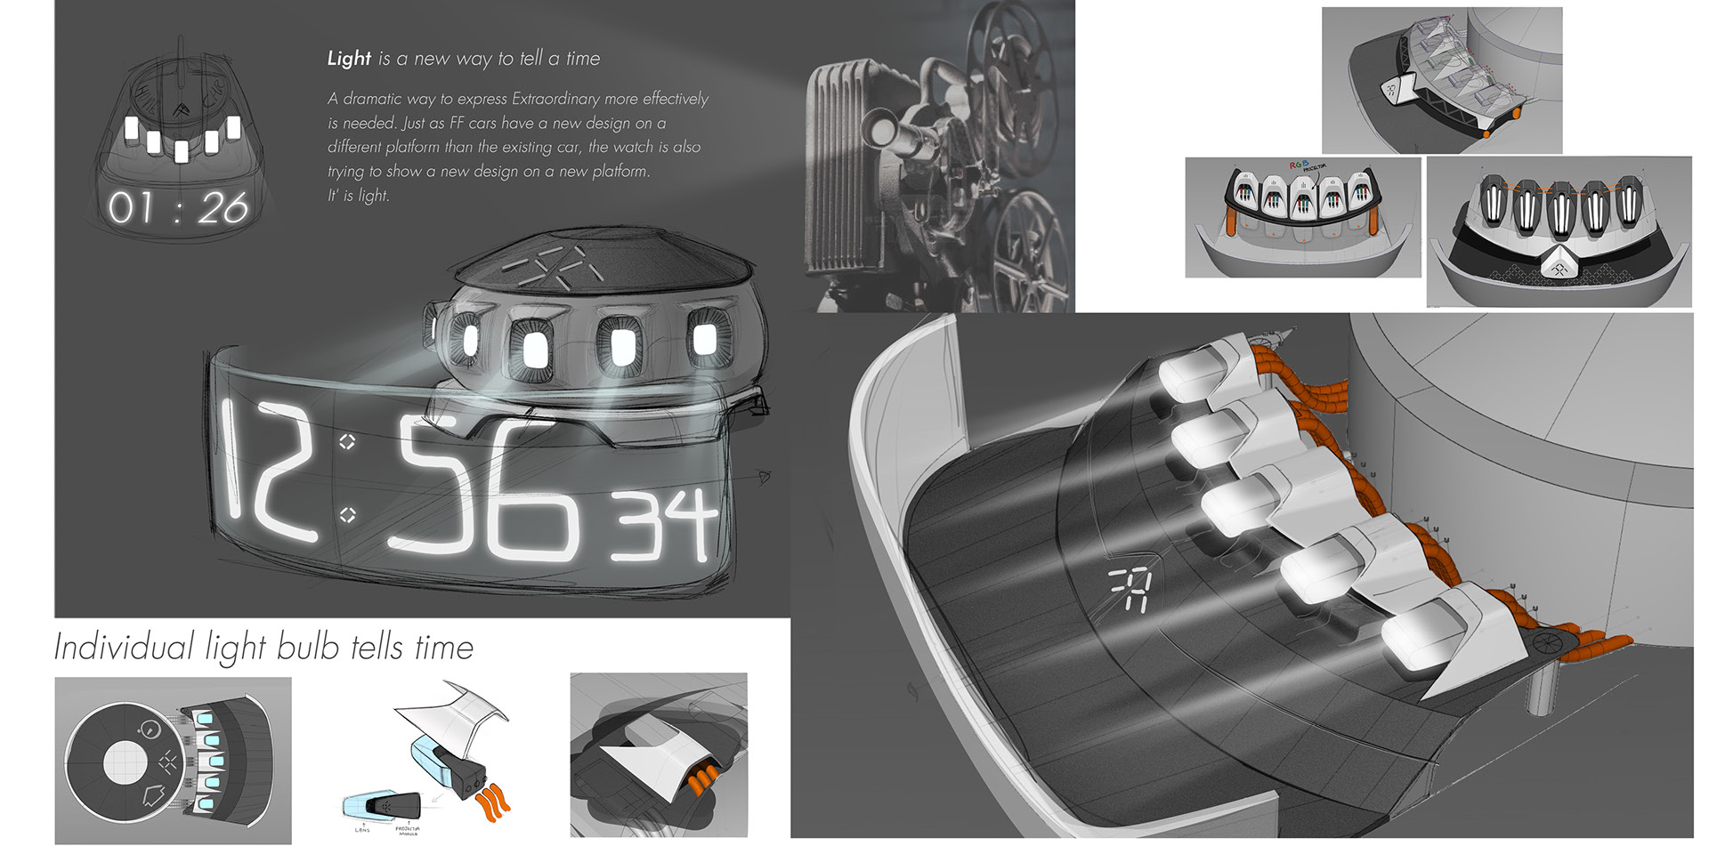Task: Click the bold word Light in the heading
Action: tap(348, 59)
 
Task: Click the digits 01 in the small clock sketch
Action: tap(130, 208)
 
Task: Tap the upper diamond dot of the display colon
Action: tap(347, 441)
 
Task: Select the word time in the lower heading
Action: tap(443, 648)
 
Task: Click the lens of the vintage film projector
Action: tap(885, 131)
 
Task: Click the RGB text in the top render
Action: tap(1300, 165)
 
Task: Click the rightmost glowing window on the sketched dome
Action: tap(704, 338)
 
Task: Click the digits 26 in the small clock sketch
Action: tap(222, 209)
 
